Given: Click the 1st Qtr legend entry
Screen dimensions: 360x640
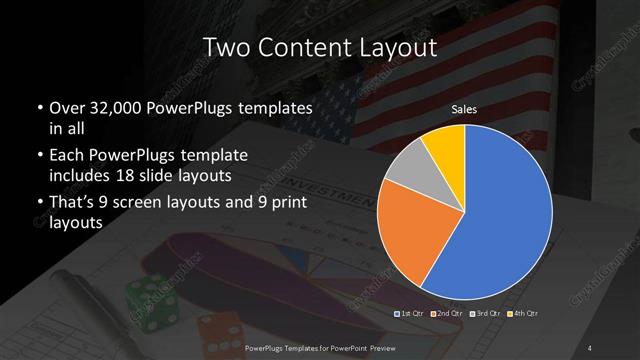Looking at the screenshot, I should pos(412,315).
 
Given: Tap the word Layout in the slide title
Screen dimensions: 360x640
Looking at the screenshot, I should pos(399,47).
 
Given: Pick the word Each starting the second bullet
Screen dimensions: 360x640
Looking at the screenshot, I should pos(66,156).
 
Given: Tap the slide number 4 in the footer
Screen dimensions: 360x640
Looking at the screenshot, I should pos(591,347).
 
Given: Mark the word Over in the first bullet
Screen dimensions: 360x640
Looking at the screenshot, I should pos(67,108).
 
